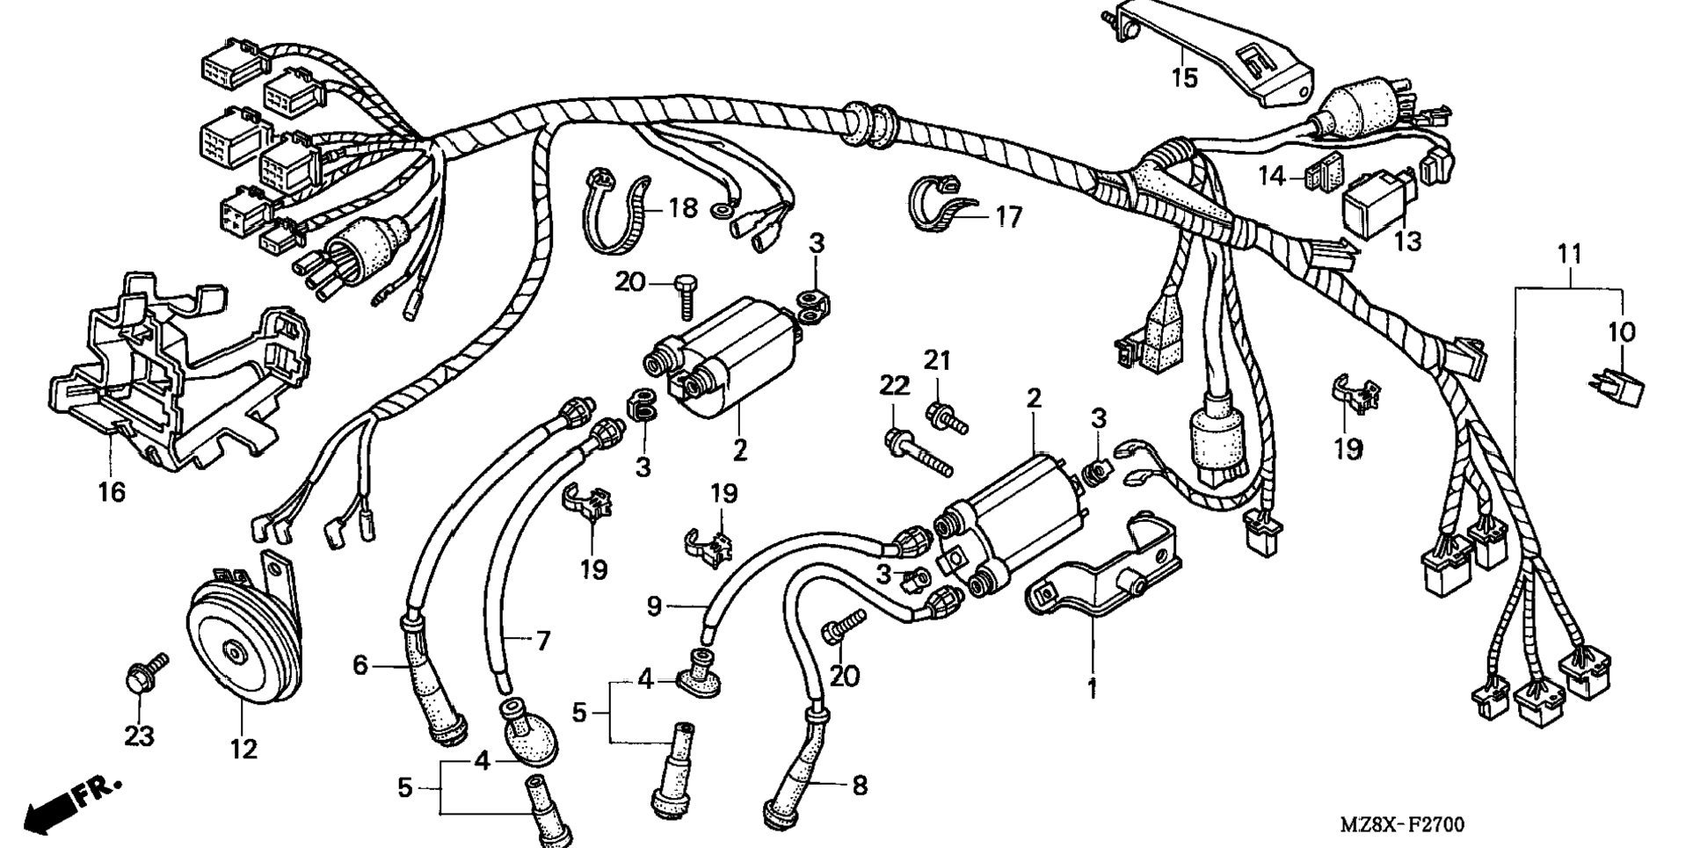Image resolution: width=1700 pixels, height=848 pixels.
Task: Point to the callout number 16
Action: (x=112, y=492)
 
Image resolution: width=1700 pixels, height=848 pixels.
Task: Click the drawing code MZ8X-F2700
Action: (x=1401, y=825)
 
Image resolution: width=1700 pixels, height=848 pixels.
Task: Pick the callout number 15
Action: (x=1184, y=77)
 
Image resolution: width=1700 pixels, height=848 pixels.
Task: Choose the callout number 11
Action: (x=1569, y=255)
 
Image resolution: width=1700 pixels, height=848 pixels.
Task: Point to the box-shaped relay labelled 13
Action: (x=1377, y=209)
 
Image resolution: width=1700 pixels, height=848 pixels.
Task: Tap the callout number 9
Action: (x=653, y=607)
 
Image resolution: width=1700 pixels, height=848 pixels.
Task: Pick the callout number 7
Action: (x=542, y=641)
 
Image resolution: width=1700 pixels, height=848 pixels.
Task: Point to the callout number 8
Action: (x=859, y=785)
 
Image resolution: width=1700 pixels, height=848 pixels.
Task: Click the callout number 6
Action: (x=360, y=665)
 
